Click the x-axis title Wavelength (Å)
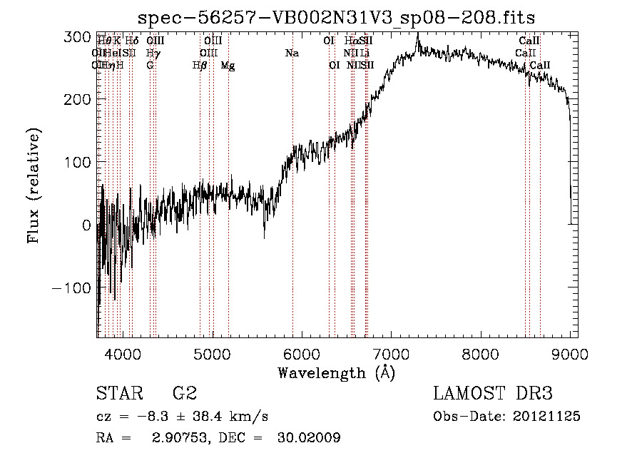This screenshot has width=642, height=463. (336, 372)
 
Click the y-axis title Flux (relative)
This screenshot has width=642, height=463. (34, 185)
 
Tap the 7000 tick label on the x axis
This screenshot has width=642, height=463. (391, 353)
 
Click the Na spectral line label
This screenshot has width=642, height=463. (291, 54)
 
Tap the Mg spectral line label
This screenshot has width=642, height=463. (228, 66)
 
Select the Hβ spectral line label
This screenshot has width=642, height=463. (200, 66)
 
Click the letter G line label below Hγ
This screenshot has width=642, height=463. (150, 66)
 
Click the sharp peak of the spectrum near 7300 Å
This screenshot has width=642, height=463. (417, 42)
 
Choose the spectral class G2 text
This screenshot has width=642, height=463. (184, 395)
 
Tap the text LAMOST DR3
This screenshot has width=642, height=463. (492, 395)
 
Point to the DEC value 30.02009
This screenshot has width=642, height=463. (309, 437)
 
